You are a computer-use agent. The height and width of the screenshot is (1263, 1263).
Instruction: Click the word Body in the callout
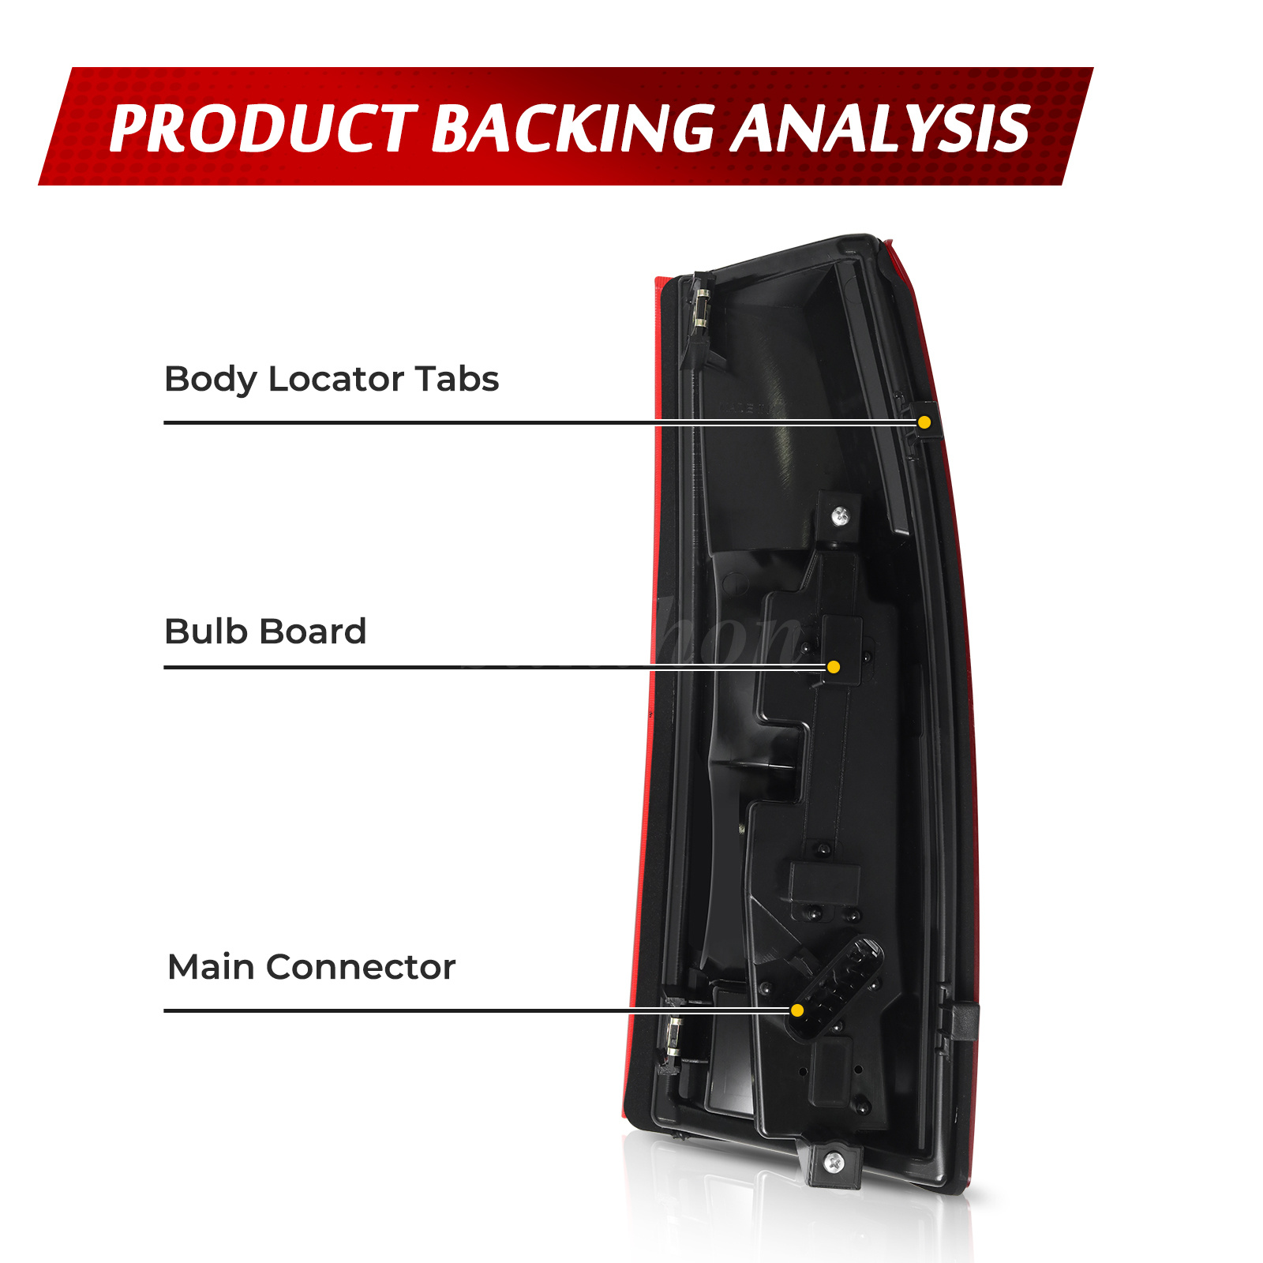pyautogui.click(x=210, y=380)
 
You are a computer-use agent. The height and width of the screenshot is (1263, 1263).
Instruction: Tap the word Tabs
pyautogui.click(x=457, y=380)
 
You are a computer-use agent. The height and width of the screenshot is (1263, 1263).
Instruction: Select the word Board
pyautogui.click(x=313, y=631)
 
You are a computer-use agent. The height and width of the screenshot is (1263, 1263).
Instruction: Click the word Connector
pyautogui.click(x=361, y=967)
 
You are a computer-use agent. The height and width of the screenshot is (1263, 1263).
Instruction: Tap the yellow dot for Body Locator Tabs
pyautogui.click(x=924, y=422)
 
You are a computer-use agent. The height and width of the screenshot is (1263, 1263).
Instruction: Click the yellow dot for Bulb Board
pyautogui.click(x=834, y=667)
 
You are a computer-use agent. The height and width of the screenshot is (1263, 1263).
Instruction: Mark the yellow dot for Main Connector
pyautogui.click(x=797, y=1010)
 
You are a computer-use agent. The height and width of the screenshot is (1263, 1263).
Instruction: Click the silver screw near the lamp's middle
pyautogui.click(x=841, y=517)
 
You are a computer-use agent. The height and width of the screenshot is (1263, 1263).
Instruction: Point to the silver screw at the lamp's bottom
pyautogui.click(x=834, y=1162)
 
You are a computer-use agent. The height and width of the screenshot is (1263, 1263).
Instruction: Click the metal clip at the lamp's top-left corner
pyautogui.click(x=699, y=312)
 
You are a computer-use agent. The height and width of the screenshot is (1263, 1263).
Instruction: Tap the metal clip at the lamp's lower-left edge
pyautogui.click(x=673, y=1038)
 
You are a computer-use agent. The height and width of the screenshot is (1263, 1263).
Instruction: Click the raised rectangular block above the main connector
pyautogui.click(x=824, y=883)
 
